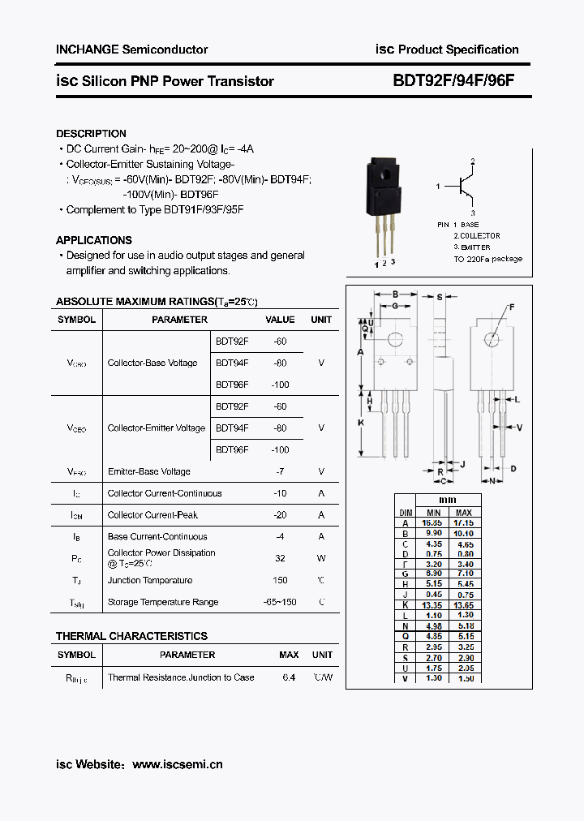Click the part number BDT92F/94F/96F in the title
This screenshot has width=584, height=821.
click(x=453, y=81)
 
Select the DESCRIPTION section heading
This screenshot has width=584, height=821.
click(x=91, y=134)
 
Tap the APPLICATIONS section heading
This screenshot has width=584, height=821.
click(x=93, y=240)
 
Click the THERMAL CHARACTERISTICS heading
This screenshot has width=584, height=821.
click(x=131, y=636)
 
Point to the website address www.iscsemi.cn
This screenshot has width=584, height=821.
click(x=177, y=764)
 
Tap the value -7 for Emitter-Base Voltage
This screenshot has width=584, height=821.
click(x=280, y=471)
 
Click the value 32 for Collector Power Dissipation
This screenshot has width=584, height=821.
click(x=280, y=558)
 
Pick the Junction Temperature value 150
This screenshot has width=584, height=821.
click(x=280, y=580)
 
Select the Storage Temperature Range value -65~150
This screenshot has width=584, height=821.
click(x=280, y=602)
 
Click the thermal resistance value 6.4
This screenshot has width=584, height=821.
click(x=289, y=677)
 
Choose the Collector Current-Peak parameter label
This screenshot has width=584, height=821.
click(x=152, y=514)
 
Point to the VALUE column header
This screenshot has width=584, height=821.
click(x=280, y=320)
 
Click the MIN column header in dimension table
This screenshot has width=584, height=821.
click(x=433, y=513)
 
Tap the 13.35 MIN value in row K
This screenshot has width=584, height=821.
click(x=433, y=605)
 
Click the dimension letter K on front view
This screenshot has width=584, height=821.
click(x=360, y=422)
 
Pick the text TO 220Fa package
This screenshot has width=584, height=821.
click(x=487, y=260)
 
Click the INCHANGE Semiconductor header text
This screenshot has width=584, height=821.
click(x=131, y=49)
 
